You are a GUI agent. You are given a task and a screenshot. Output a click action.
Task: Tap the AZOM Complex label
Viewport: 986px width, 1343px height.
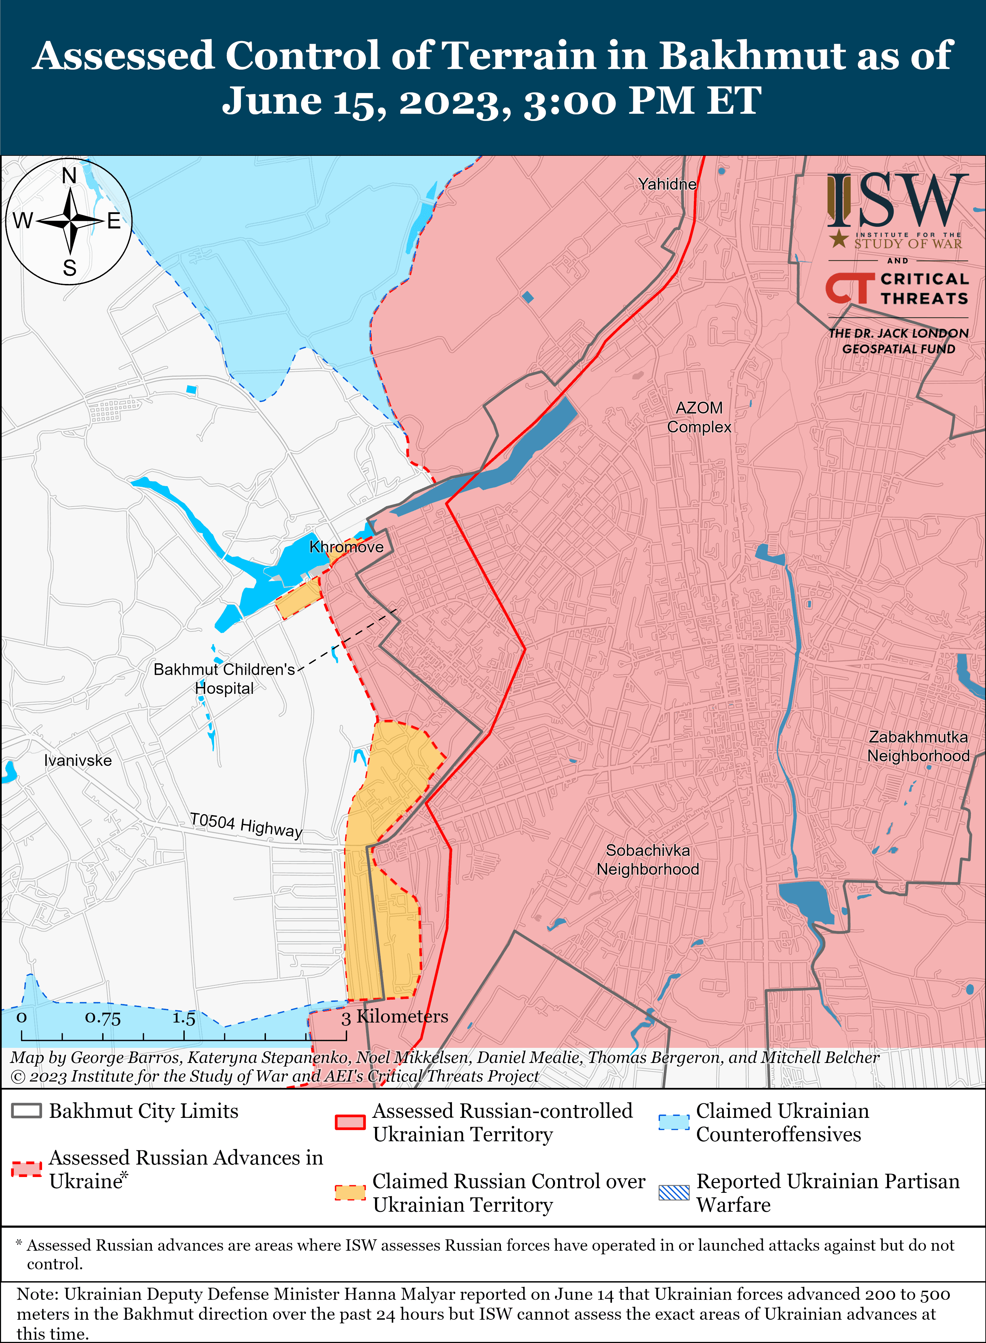coord(699,417)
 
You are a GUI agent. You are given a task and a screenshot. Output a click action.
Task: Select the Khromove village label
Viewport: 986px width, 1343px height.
coord(346,547)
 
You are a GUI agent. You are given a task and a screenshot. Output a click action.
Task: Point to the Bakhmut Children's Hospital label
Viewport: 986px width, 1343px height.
coord(224,679)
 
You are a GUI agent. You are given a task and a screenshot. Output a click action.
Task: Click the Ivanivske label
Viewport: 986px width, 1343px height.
coord(78,761)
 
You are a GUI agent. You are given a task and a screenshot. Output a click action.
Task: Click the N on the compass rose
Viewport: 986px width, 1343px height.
coord(69,176)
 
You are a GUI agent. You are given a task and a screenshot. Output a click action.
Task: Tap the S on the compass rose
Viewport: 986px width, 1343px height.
coord(70,268)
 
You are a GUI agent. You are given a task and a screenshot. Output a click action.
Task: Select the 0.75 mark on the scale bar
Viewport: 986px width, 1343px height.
coord(103,1018)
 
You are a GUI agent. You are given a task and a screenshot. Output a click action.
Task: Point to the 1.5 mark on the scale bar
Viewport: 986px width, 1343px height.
coord(184,1018)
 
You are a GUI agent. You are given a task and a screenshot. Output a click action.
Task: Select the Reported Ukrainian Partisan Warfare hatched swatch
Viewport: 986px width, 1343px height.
coord(674,1192)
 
